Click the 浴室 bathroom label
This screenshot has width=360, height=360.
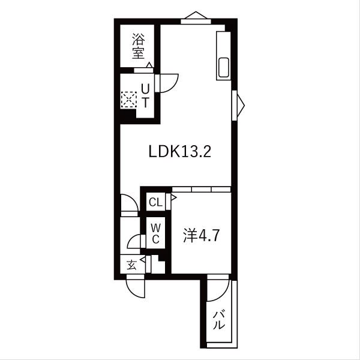[139, 46]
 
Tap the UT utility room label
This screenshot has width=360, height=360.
[145, 95]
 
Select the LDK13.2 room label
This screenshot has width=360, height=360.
[179, 152]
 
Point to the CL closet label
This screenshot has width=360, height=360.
[155, 202]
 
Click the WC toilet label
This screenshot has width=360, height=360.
[155, 233]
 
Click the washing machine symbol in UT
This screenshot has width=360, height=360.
[129, 98]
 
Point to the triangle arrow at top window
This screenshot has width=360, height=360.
[197, 15]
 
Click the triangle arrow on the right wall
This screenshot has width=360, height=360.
[240, 104]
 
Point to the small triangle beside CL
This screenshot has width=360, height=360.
[173, 196]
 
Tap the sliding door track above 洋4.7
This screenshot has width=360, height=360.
[201, 188]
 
